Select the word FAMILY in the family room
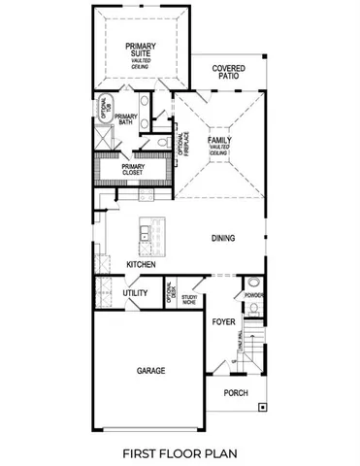pos(218,141)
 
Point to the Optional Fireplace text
pos(181,144)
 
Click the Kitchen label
pos(142,264)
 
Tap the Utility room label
pos(134,292)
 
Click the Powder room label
pos(253,294)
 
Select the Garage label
pos(149,371)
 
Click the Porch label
pos(235,392)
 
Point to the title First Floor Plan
pos(180,452)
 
